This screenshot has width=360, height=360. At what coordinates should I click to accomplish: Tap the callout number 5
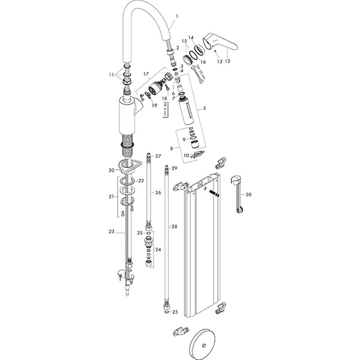[x=205, y=109]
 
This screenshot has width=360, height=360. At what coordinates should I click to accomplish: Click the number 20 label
[x=111, y=170]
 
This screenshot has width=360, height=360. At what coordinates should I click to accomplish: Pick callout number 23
[x=111, y=230]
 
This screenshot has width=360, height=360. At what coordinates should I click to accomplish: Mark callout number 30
[x=249, y=194]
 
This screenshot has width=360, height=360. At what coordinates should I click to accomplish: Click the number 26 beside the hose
[x=158, y=193]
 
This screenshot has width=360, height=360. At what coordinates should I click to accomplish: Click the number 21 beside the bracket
[x=111, y=196]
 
